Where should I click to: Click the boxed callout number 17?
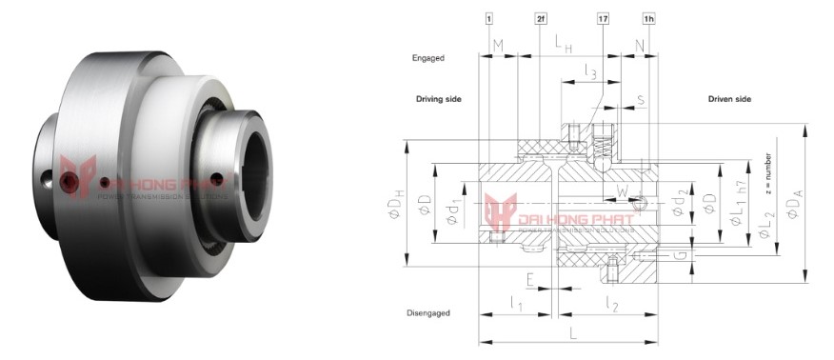(603, 18)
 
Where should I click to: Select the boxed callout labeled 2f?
(539, 18)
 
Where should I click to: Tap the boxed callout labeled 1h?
(648, 18)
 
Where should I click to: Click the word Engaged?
(430, 57)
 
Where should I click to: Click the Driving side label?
(438, 99)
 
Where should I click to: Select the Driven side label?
(729, 99)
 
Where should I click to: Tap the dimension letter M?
(498, 45)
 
